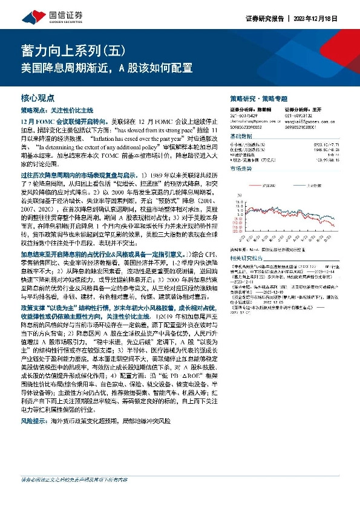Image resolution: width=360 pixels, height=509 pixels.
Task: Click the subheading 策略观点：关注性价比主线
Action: click(x=57, y=111)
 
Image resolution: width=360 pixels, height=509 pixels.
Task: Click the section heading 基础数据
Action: click(x=243, y=137)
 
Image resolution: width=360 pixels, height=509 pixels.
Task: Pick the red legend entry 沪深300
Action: click(x=266, y=184)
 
